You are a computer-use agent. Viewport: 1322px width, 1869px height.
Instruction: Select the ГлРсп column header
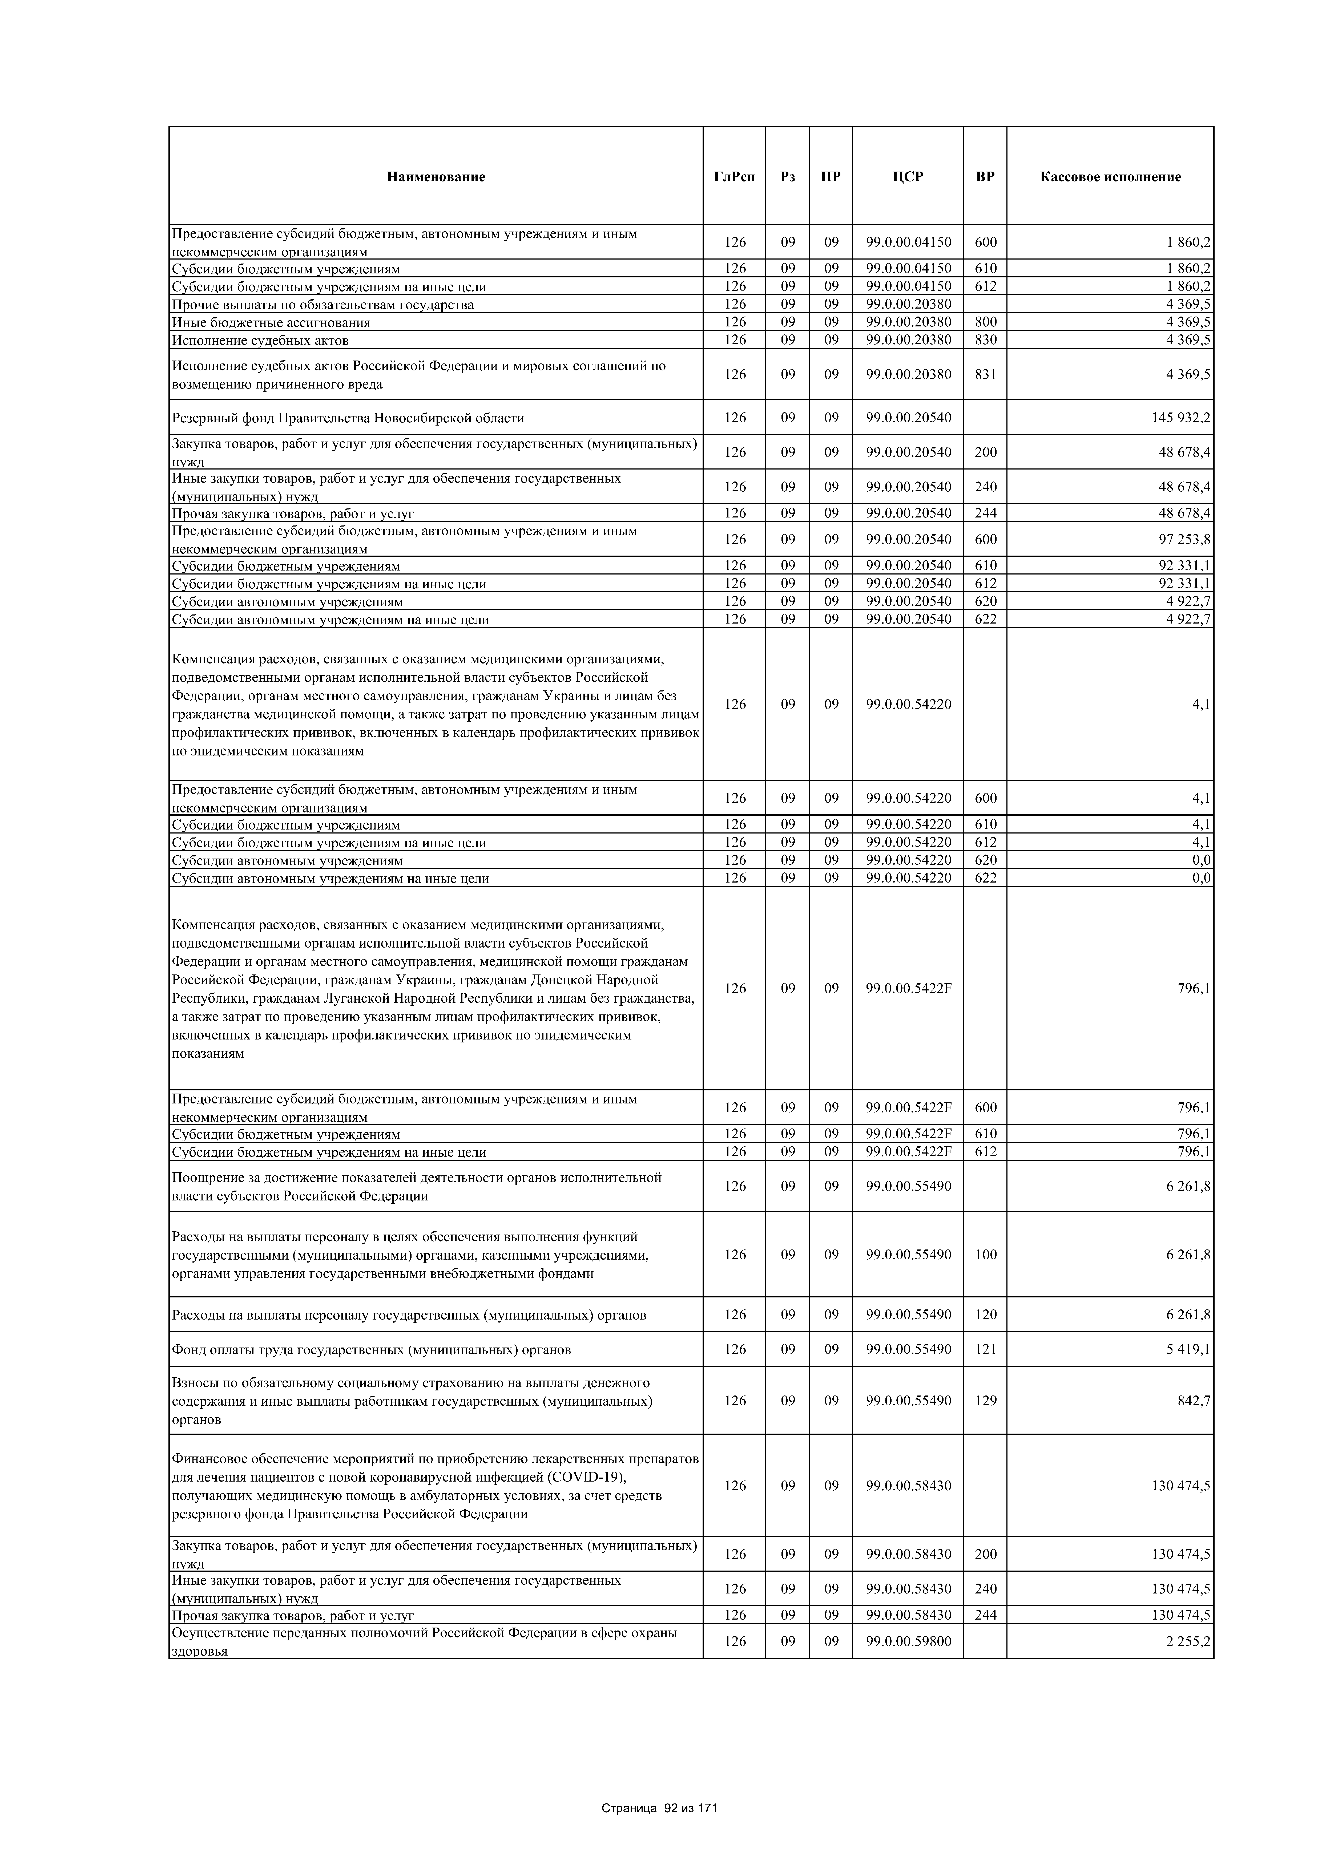734,177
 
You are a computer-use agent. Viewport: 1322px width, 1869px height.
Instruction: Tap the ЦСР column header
908,177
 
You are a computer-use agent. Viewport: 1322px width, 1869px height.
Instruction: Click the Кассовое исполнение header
1110,177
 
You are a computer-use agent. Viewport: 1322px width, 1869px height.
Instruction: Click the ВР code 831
985,374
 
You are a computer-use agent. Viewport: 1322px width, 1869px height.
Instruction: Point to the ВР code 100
985,1255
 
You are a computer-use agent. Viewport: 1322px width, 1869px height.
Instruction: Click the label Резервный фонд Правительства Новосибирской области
348,418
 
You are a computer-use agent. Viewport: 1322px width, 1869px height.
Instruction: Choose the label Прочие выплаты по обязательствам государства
322,305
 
